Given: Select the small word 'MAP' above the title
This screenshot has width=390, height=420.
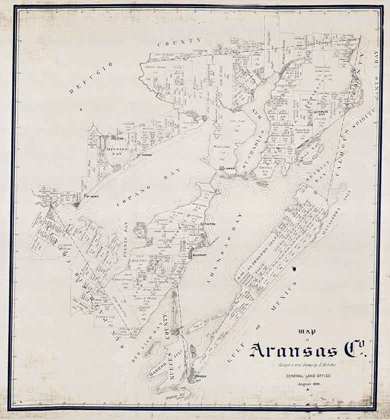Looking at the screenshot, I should [x=303, y=331].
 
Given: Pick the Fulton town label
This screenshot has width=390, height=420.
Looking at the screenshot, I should [x=208, y=224].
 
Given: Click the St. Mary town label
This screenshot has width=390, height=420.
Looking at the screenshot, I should [x=90, y=196].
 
